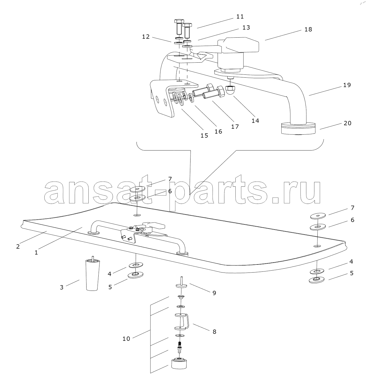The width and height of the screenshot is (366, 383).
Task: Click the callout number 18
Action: [308, 29]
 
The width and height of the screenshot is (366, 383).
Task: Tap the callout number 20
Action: [347, 123]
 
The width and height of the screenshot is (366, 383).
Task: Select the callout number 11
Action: [240, 17]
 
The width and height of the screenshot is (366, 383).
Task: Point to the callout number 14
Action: [255, 121]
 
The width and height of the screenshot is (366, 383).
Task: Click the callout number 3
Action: [62, 287]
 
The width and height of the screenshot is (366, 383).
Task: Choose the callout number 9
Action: [214, 293]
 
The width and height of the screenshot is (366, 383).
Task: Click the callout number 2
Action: [18, 247]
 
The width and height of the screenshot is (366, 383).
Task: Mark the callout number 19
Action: [347, 85]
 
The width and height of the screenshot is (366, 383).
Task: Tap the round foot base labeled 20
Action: [298, 128]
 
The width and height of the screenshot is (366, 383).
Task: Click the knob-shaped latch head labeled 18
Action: [238, 45]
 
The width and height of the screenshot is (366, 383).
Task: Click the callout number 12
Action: [146, 37]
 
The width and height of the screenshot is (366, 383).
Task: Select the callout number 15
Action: [204, 136]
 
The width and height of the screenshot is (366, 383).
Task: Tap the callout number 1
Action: [36, 253]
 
